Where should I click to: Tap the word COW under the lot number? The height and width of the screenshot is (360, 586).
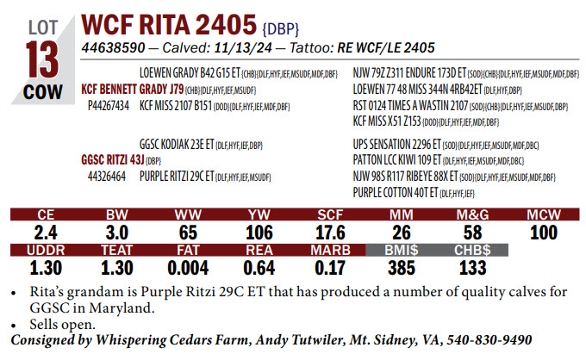pos(42,92)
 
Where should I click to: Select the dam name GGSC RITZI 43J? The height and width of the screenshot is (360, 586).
pos(112,159)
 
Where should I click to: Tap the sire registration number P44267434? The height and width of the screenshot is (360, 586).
pos(109,105)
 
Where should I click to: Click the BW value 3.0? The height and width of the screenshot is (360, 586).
pos(116,231)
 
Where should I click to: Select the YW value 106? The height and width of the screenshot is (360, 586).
pos(259,231)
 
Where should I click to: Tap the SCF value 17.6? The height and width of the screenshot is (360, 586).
pos(330,231)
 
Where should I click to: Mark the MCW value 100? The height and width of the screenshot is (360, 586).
pos(544,231)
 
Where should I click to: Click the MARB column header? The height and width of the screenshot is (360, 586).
pos(330,250)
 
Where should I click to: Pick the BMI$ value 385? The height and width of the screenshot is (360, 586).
pos(402,267)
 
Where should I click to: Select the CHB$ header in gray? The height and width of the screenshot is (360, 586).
pos(472,250)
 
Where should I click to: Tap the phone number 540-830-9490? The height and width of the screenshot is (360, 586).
pos(486,340)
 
